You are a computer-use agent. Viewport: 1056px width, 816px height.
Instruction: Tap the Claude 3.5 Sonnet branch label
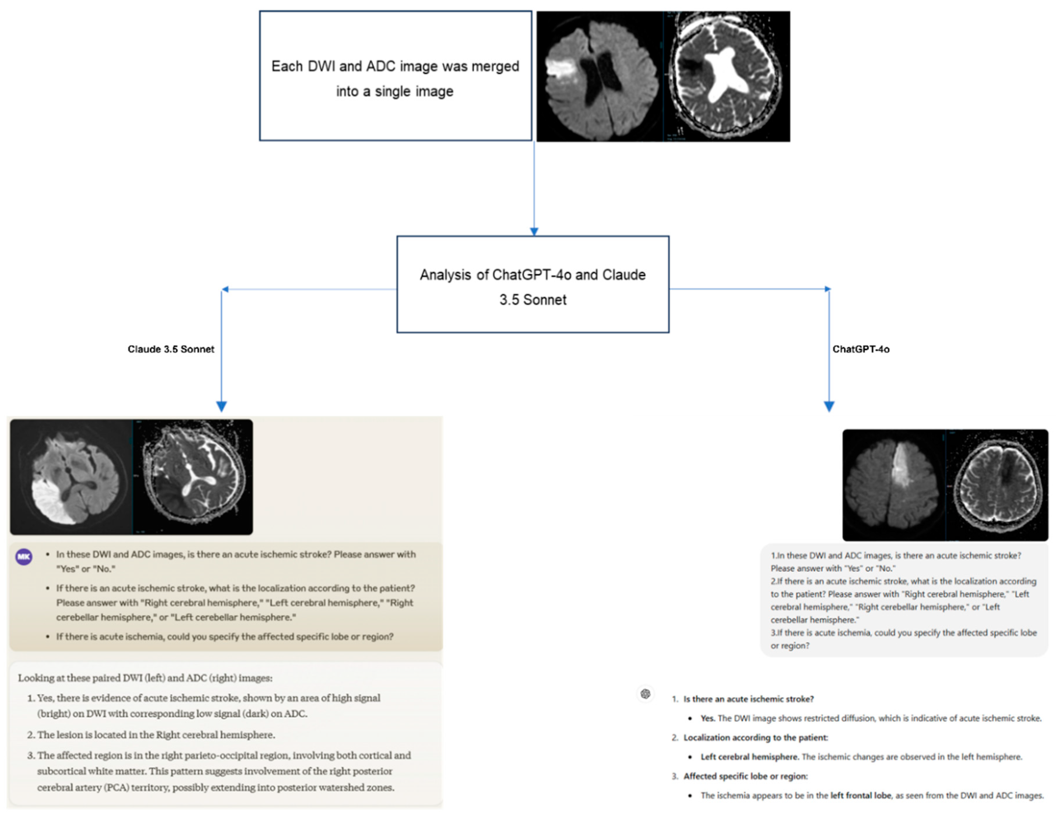(x=171, y=349)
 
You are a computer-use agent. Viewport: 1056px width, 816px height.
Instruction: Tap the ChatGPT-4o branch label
(x=861, y=349)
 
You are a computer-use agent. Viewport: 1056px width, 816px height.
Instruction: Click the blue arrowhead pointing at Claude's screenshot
(x=222, y=406)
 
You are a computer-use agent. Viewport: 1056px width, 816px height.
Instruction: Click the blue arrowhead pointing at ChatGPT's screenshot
(x=829, y=406)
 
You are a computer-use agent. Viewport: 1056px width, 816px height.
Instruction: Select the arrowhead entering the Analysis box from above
(x=534, y=232)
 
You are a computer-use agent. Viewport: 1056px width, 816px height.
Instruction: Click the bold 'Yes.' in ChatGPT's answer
(x=707, y=718)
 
